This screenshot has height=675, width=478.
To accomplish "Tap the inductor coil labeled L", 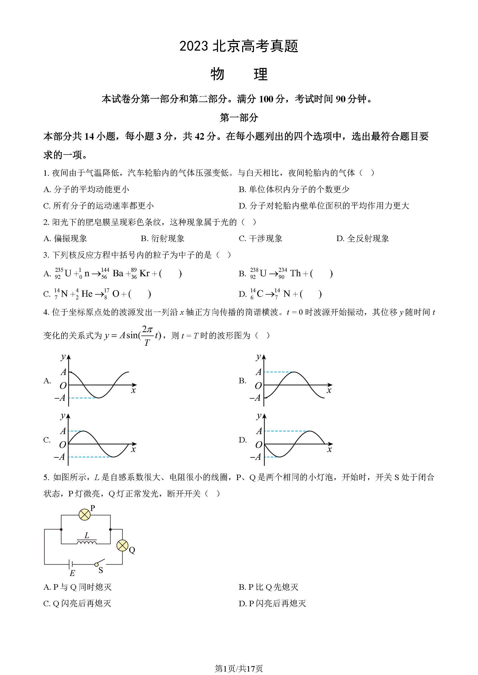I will point(86,542).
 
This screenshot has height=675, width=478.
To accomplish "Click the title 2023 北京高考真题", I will point(239,46).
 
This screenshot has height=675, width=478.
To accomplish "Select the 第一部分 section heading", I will point(239,118).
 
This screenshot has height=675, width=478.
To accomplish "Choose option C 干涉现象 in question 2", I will point(261,238).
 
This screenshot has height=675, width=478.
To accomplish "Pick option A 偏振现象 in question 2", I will point(65,238).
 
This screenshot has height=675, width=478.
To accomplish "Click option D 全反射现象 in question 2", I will point(363,238).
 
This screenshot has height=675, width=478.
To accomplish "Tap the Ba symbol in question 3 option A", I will point(118,273).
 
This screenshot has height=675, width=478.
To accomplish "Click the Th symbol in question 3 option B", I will point(295,273).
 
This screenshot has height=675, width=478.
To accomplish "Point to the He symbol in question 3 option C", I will point(87,294).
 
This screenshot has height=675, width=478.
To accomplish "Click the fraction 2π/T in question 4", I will point(147,336).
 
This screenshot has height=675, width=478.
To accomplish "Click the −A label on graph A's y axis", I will point(60,398).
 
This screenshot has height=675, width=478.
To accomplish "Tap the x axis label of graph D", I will point(329,449).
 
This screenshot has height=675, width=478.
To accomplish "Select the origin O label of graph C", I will point(63,445).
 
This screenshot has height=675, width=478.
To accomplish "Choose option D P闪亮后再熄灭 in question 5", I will point(272,604).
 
